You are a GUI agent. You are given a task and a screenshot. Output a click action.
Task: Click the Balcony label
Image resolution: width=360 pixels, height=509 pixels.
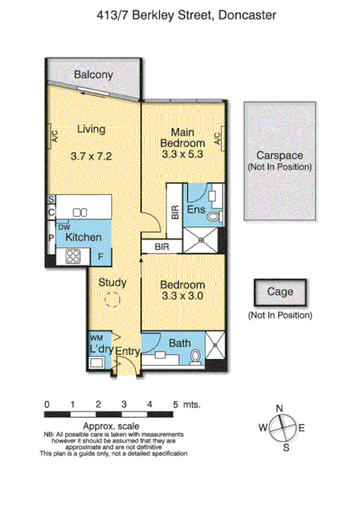pyautogui.click(x=94, y=75)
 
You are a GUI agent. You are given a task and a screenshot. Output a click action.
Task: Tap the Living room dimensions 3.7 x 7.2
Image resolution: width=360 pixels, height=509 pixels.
pyautogui.click(x=91, y=155)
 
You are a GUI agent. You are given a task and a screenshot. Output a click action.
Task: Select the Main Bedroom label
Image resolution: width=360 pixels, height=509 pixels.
pyautogui.click(x=183, y=138)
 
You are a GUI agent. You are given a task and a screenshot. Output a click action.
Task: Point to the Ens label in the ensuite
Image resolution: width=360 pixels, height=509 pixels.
pyautogui.click(x=197, y=210)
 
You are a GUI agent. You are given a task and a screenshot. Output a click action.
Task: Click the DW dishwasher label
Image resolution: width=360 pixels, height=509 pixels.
pyautogui.click(x=64, y=226)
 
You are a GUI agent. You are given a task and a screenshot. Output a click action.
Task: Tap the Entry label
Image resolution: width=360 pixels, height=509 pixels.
pyautogui.click(x=128, y=351)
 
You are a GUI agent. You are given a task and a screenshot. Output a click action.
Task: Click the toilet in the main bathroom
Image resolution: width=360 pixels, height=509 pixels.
pyautogui.click(x=197, y=355)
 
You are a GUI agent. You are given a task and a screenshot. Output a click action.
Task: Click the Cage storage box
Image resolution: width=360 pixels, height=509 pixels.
pyautogui.click(x=279, y=292)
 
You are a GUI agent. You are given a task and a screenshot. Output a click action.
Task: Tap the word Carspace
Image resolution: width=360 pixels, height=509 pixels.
pyautogui.click(x=279, y=155)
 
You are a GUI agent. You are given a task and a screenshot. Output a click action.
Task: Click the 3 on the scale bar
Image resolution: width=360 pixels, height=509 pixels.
pyautogui.click(x=124, y=405)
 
